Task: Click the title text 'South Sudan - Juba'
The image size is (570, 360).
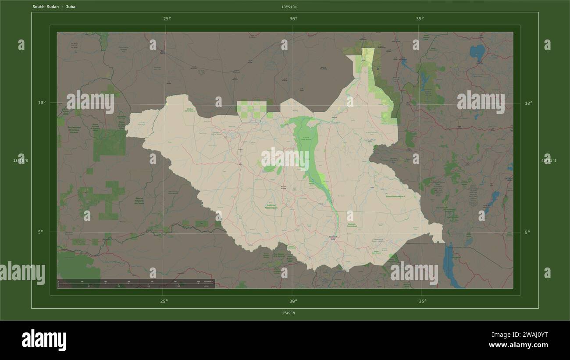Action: pyautogui.click(x=53, y=7)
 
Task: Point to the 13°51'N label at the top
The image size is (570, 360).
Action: pyautogui.click(x=289, y=7)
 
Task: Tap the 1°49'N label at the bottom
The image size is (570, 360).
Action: pyautogui.click(x=288, y=313)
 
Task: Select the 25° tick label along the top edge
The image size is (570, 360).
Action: pyautogui.click(x=167, y=19)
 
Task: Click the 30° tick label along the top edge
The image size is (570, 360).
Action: pyautogui.click(x=293, y=19)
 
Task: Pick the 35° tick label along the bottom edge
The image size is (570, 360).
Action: pyautogui.click(x=422, y=301)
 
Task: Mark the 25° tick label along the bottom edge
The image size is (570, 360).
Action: pyautogui.click(x=164, y=301)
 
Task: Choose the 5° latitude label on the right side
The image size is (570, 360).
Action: pyautogui.click(x=527, y=232)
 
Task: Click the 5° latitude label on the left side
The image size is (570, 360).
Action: pyautogui.click(x=40, y=232)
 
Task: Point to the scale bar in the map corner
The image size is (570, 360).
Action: pyautogui.click(x=136, y=284)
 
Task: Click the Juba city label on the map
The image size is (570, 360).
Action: pyautogui.click(x=333, y=238)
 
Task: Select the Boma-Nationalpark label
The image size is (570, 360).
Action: pyautogui.click(x=395, y=196)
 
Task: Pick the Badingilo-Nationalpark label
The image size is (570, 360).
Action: pyautogui.click(x=352, y=225)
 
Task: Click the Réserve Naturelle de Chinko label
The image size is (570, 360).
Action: pyautogui.click(x=139, y=201)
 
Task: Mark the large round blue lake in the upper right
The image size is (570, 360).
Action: pyautogui.click(x=477, y=52)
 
